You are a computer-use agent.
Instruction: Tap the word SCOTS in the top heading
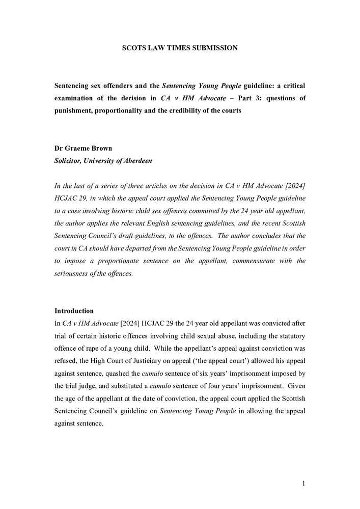click(134, 48)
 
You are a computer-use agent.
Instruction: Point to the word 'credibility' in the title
click(201, 110)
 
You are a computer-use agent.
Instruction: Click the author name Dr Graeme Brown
click(84, 149)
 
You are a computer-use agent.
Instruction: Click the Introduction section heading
click(74, 310)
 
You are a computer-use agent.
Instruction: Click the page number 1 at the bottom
click(303, 484)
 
